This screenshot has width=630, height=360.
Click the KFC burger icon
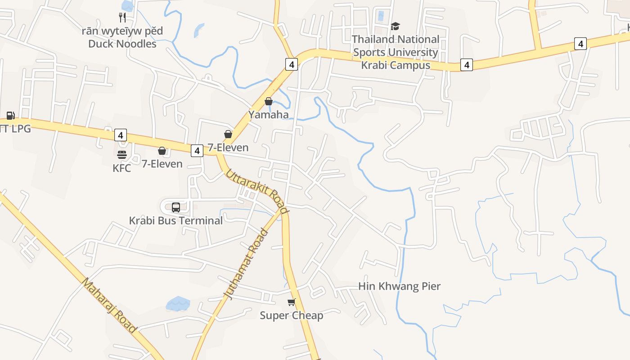[122, 155]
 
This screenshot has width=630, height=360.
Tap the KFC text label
[122, 168]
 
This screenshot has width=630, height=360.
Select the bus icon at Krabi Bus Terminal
[176, 207]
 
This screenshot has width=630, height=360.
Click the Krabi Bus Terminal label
[176, 221]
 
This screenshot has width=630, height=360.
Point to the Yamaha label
[269, 114]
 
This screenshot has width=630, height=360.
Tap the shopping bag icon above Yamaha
[269, 101]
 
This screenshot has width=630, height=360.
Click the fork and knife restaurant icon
[122, 18]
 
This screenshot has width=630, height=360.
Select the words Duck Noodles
[122, 44]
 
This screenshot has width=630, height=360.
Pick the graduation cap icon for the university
[395, 27]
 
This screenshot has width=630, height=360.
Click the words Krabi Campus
[396, 65]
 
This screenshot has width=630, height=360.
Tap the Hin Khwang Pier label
[399, 286]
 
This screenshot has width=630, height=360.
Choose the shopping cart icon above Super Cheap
[292, 302]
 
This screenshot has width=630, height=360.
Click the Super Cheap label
[292, 315]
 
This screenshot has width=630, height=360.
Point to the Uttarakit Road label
[256, 191]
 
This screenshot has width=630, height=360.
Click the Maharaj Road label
[109, 305]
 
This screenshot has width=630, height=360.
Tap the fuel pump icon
[10, 116]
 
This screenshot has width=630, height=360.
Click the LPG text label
[18, 129]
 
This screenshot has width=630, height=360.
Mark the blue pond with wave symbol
[178, 304]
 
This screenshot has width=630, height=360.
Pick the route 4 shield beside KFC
[120, 135]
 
